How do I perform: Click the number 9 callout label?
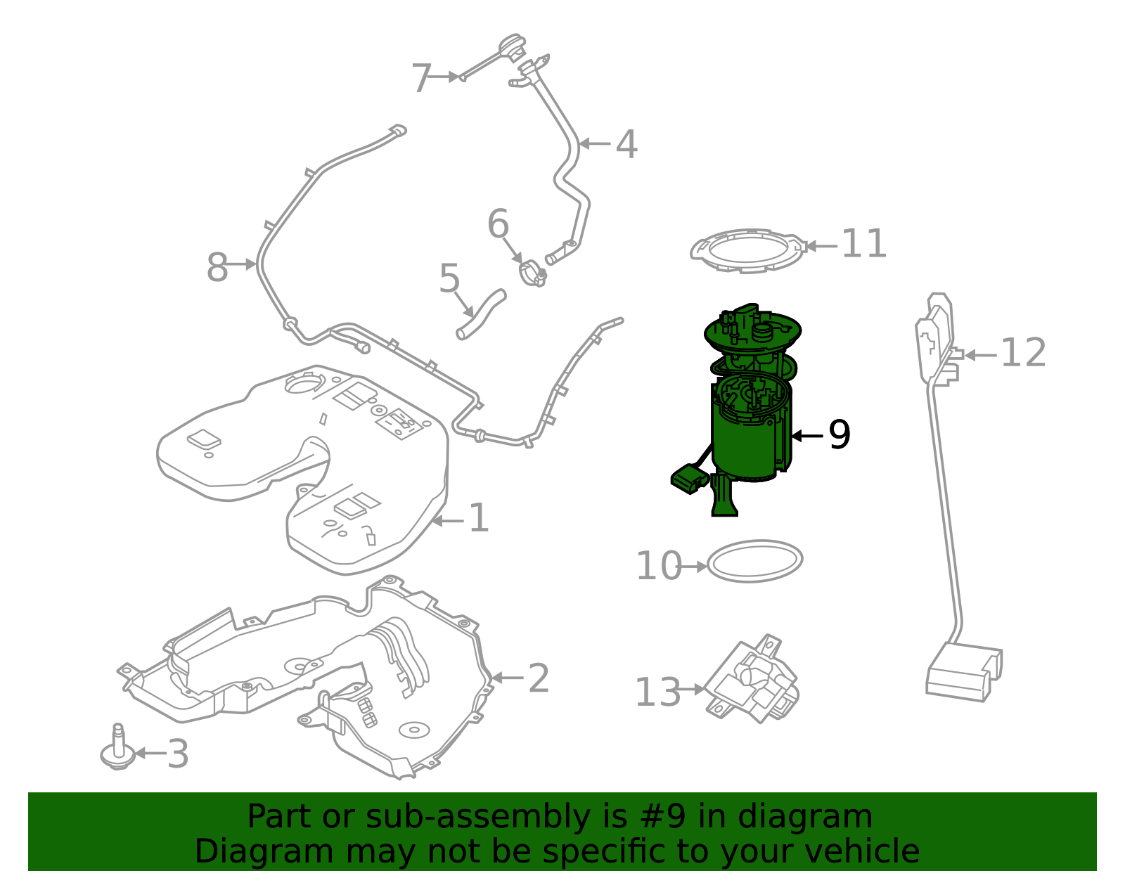pos(839,435)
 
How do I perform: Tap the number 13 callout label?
pos(657,692)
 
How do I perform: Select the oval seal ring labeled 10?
pos(754,561)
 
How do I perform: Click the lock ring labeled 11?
pos(747,250)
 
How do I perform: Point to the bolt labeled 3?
pos(117,751)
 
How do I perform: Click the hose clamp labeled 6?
pos(532,273)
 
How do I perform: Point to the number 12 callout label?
pos(1023,354)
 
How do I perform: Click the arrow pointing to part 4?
pos(595,143)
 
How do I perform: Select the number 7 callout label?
pos(420,78)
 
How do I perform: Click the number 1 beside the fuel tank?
pos(478,519)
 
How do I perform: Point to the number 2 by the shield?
pos(538,678)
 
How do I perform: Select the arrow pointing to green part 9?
pos(807,436)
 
